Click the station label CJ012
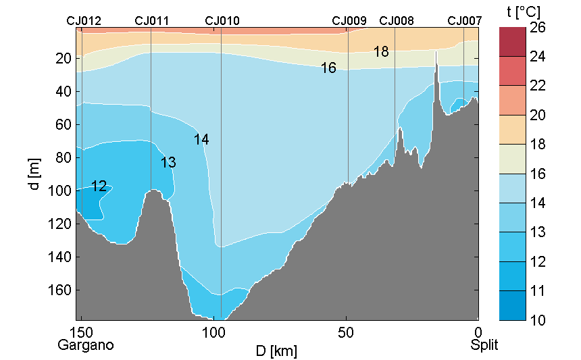(84, 21)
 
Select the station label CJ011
(151, 21)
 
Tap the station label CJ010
(222, 21)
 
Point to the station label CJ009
(349, 21)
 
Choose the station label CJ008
(397, 21)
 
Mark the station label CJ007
(465, 21)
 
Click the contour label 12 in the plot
(99, 186)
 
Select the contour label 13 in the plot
(168, 162)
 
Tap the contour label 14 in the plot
(201, 140)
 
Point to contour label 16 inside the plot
(328, 68)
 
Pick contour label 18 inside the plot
(381, 51)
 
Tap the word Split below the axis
(484, 345)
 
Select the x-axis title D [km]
(276, 351)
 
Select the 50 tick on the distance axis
(347, 332)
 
